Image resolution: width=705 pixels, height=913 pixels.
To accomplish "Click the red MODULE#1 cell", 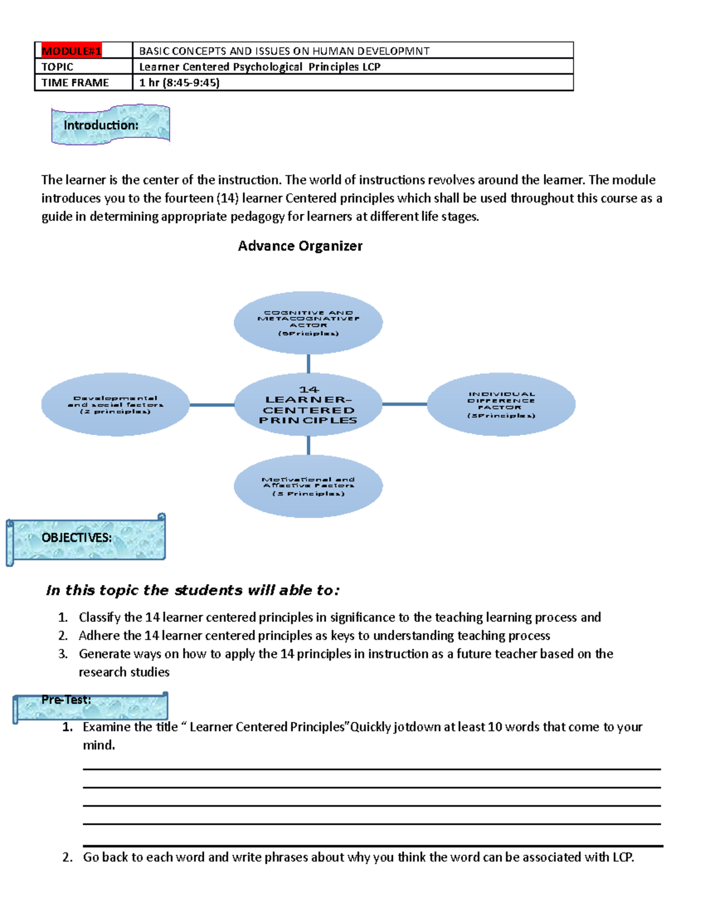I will coord(71,51).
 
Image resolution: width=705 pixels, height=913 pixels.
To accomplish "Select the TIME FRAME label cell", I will coord(75,83).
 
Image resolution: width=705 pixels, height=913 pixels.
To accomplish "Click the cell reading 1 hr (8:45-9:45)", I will coord(179,83).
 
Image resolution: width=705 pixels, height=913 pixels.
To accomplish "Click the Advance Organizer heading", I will coord(300,246).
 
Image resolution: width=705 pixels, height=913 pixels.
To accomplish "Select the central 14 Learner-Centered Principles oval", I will coord(308,404).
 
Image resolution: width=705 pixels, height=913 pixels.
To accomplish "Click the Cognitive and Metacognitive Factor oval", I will coord(308,323).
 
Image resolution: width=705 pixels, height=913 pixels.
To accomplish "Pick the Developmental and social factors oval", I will coord(115,404).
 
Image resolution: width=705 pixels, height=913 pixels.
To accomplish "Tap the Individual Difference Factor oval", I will coord(501,404).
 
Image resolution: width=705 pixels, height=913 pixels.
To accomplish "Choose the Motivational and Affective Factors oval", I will coord(308,486).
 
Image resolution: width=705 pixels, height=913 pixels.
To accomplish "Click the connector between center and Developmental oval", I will coord(211,404).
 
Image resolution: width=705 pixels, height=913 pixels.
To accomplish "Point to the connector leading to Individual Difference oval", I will coord(404,404).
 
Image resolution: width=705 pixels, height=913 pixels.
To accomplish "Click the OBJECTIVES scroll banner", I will coord(86,539).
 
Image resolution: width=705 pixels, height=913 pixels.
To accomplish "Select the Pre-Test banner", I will coord(91,706).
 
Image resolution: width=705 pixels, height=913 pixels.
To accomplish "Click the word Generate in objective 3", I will coord(105,654).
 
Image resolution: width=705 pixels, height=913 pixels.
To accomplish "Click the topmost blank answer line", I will coord(371,768).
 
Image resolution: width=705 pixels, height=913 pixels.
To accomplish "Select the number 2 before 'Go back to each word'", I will coord(67,857).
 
